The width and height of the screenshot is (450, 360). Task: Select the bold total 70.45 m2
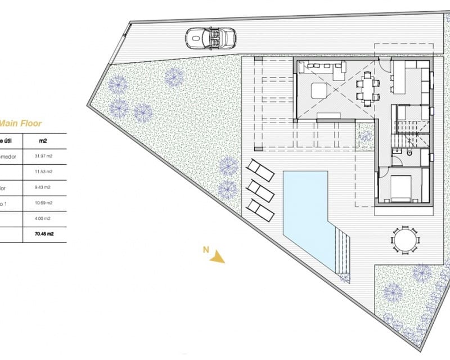(x=45, y=234)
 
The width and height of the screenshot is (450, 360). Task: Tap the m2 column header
(x=44, y=141)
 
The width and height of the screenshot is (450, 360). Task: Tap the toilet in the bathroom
(x=410, y=153)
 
